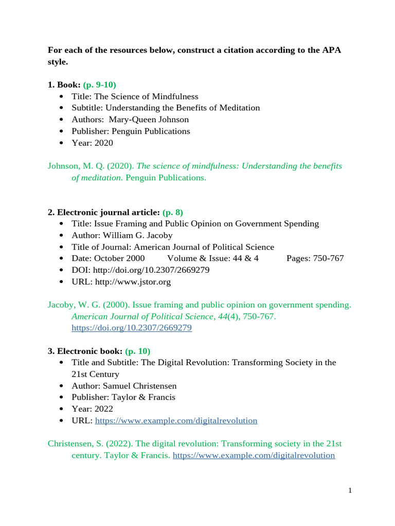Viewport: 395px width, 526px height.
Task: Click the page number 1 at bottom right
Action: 350,491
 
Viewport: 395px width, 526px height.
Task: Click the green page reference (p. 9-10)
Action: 103,85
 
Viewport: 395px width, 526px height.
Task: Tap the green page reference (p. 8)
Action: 172,212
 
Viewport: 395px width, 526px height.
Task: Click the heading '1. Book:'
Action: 64,85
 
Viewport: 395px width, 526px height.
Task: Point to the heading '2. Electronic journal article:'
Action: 109,212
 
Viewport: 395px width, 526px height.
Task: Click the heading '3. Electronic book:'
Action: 85,351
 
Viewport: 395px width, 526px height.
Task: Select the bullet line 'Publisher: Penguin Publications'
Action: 131,131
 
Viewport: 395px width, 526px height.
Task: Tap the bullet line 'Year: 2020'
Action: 93,143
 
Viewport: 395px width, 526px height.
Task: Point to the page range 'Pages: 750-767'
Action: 315,258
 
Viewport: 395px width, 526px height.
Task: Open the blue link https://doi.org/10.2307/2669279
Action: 131,328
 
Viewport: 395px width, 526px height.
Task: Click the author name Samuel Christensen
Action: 143,386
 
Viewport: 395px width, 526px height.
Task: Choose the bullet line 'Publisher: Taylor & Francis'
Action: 123,397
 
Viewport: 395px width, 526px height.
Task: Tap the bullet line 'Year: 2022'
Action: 93,409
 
